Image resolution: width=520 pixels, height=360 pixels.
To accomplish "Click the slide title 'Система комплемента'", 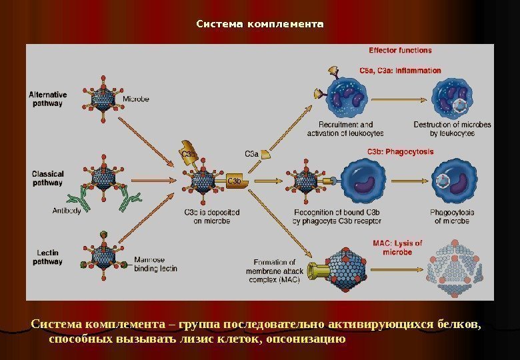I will tap(259, 25).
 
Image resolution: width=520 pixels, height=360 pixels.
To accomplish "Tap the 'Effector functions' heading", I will tap(400, 50).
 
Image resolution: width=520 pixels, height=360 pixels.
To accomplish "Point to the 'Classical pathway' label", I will tap(47, 178).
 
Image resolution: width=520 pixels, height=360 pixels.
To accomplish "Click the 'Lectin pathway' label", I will tap(47, 257).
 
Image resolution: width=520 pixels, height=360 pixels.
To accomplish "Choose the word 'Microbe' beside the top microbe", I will tap(136, 99).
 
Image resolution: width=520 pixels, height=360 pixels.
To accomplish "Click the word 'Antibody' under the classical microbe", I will tap(67, 211).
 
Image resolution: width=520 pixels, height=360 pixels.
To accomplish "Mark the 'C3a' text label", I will tap(251, 153).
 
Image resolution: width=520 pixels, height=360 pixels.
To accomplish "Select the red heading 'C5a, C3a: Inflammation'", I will tap(400, 70).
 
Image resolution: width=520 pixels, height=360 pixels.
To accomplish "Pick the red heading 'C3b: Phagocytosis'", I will tap(400, 151).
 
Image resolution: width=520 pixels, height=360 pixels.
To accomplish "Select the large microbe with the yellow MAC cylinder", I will tap(347, 267).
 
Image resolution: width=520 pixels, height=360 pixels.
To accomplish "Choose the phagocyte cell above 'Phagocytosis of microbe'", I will tap(451, 180).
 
